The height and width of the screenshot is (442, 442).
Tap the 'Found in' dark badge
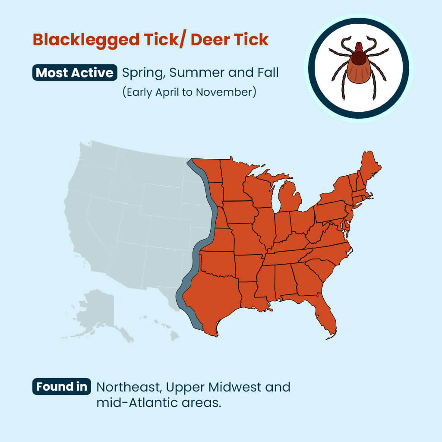coord(61,387)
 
